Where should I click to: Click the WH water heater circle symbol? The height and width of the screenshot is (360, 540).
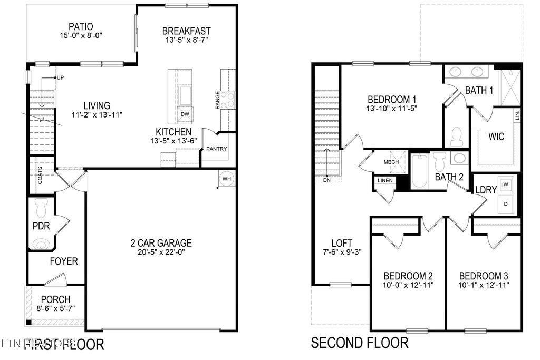click(x=227, y=179)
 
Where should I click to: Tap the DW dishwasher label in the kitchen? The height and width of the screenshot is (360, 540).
click(x=185, y=114)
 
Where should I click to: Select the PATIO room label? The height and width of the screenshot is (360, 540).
click(x=81, y=26)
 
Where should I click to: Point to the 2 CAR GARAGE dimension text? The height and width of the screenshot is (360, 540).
click(x=161, y=252)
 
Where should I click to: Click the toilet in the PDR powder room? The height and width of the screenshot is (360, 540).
click(x=41, y=208)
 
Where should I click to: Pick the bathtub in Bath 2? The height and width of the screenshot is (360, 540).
click(x=420, y=170)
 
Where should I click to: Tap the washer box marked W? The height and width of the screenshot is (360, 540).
click(x=506, y=184)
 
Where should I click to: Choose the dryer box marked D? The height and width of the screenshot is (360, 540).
click(x=506, y=203)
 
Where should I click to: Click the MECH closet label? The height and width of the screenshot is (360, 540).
click(x=391, y=162)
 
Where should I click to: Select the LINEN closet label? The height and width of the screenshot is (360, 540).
click(x=385, y=181)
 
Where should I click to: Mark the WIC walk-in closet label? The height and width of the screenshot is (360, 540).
click(x=496, y=137)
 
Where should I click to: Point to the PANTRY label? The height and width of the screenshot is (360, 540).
click(x=216, y=149)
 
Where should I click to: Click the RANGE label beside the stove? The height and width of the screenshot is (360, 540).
click(x=218, y=101)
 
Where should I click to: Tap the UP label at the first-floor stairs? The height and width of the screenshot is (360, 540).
click(x=60, y=78)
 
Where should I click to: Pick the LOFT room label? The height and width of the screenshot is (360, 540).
click(x=341, y=243)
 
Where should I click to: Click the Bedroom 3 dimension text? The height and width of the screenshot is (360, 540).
click(x=484, y=286)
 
